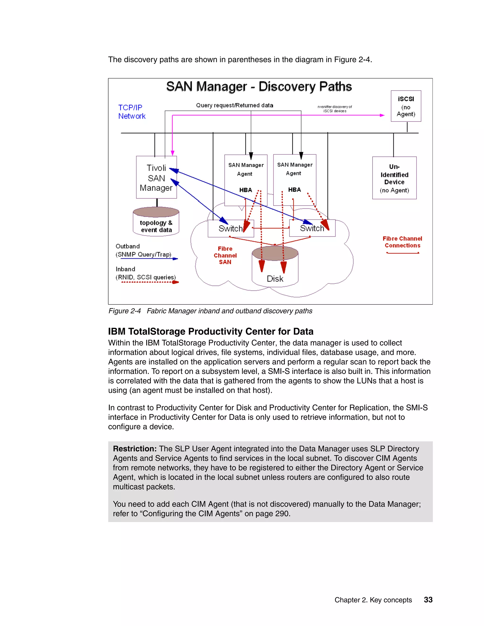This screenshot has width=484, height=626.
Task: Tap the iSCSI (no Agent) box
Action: (x=406, y=106)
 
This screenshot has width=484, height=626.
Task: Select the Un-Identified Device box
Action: (x=394, y=178)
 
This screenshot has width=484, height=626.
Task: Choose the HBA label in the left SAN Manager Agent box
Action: (x=246, y=190)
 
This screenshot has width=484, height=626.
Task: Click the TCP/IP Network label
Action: (x=132, y=112)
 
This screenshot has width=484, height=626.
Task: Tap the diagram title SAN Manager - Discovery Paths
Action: (x=259, y=86)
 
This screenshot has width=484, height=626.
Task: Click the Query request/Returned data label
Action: (x=234, y=105)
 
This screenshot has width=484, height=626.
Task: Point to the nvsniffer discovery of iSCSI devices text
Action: (x=335, y=109)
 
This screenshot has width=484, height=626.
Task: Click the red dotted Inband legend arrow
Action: (x=150, y=282)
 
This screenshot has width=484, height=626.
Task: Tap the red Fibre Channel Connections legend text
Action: (x=402, y=242)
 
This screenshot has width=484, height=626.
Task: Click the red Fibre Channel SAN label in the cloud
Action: (x=225, y=255)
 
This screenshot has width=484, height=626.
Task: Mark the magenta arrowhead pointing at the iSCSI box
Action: (x=382, y=115)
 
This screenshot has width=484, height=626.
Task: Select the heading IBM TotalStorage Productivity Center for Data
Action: (x=211, y=331)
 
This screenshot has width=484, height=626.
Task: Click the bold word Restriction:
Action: (x=134, y=449)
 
